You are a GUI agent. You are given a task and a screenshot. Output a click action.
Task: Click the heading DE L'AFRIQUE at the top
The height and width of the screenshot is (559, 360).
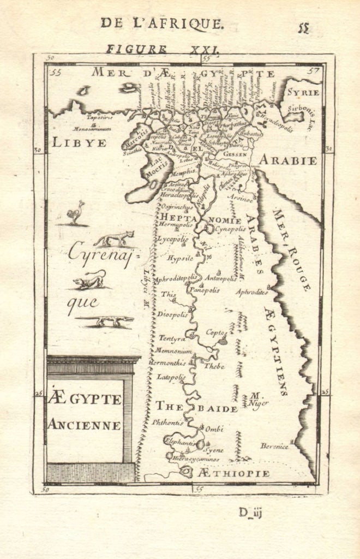162,23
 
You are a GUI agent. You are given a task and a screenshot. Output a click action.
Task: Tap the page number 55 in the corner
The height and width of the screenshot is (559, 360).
303,28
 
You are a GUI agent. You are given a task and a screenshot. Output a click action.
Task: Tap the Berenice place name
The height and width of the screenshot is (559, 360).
274,446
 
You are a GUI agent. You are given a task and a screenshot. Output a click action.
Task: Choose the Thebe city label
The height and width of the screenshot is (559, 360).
214,366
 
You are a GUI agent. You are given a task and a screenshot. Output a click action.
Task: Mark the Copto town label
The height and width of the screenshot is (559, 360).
215,331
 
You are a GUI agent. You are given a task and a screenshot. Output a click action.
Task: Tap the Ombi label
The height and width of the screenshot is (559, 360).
214,429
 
